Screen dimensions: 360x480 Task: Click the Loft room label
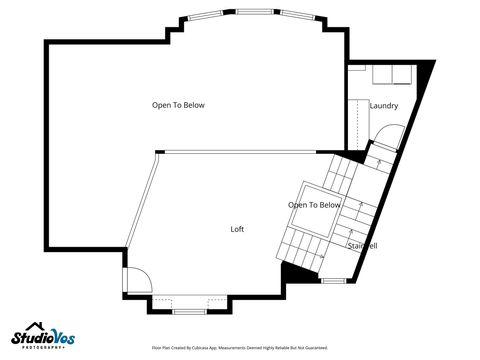pyautogui.click(x=237, y=229)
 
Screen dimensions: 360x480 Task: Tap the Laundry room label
pyautogui.click(x=383, y=106)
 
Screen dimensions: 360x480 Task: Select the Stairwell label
pyautogui.click(x=361, y=245)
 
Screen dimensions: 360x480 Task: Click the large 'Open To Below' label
pyautogui.click(x=178, y=105)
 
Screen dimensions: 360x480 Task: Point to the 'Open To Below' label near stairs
pyautogui.click(x=314, y=205)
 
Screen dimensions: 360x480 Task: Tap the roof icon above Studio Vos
pyautogui.click(x=35, y=326)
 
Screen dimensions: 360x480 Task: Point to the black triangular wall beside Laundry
pyautogui.click(x=427, y=72)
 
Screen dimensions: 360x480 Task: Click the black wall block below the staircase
pyautogui.click(x=295, y=273)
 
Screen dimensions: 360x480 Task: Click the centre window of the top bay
pyautogui.click(x=250, y=12)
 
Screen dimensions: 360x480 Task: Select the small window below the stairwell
pyautogui.click(x=333, y=281)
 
